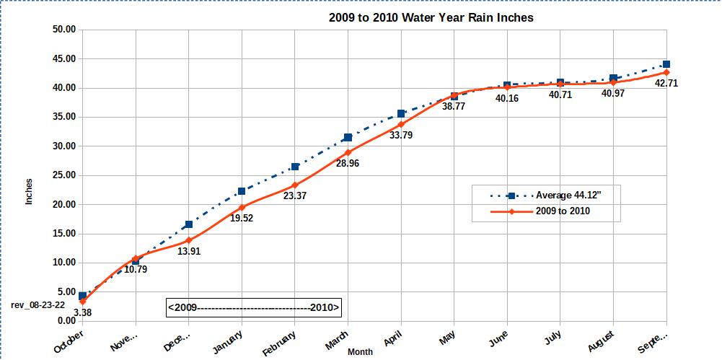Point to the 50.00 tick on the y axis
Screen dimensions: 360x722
pos(63,30)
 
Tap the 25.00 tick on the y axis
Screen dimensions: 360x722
pos(63,175)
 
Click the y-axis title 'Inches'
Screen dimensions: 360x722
pos(29,190)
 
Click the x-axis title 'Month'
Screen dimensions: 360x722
pos(360,352)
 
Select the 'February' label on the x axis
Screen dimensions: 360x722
pos(280,341)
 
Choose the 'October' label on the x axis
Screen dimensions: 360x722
pos(69,340)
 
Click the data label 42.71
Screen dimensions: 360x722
pos(666,83)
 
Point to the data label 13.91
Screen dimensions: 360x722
pos(188,251)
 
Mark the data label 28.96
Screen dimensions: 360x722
pos(348,163)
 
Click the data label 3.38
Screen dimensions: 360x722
pos(82,312)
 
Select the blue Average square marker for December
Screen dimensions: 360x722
pos(189,224)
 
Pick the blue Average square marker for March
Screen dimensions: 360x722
pos(348,137)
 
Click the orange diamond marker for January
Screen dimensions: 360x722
pos(242,208)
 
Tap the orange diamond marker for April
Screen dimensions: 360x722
pos(401,124)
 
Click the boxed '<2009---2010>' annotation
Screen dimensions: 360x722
pos(253,307)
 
